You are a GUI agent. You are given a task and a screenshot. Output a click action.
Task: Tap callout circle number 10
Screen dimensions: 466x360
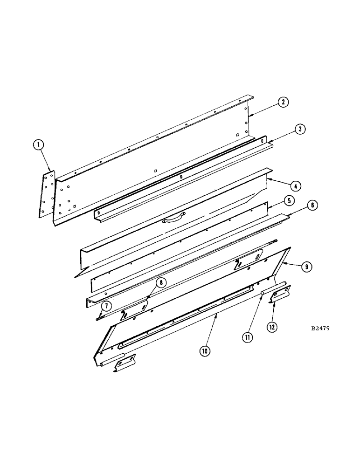coord(204,350)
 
